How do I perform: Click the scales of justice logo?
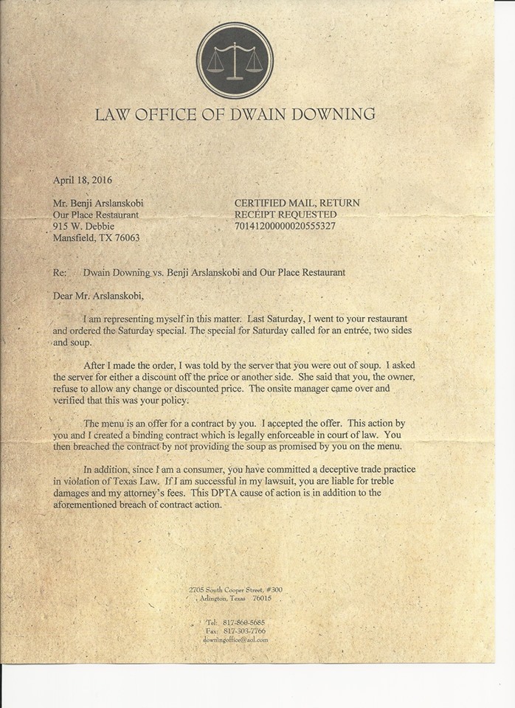point(235,60)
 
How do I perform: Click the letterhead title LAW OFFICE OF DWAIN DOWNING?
point(235,114)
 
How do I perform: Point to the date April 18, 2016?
point(83,179)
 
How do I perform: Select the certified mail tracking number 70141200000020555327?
point(285,226)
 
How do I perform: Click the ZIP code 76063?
point(125,238)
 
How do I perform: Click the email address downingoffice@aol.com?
point(235,640)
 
